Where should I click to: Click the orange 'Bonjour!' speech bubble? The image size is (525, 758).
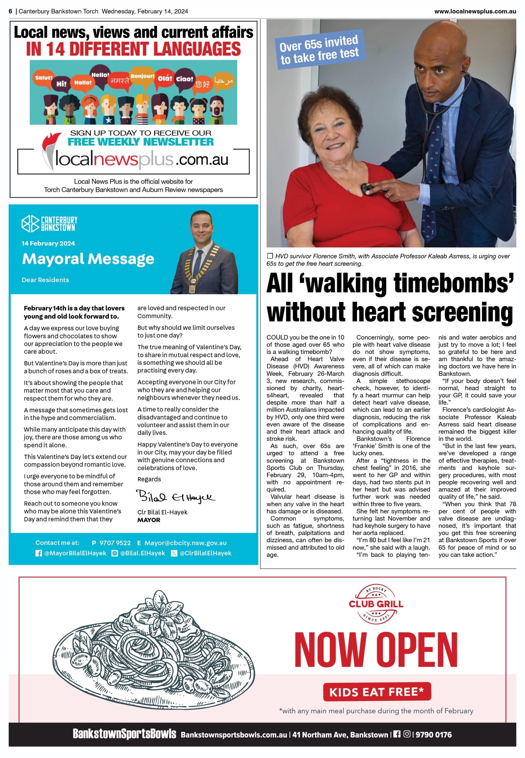point(142,77)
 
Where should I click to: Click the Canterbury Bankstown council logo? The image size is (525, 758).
point(49,224)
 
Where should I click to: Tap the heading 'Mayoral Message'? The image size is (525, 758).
point(88,259)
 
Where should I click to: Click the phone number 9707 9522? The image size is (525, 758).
point(115,543)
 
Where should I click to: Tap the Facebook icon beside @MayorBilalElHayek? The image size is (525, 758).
point(38,553)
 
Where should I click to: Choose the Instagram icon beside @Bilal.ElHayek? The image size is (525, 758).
point(115,553)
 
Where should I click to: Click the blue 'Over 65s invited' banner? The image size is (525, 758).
point(320,50)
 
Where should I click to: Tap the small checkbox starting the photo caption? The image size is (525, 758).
point(270,256)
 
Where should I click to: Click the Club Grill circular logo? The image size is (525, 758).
point(376,604)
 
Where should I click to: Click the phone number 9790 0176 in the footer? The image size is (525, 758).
point(433,735)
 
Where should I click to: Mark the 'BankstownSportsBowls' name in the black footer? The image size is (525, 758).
point(124,734)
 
